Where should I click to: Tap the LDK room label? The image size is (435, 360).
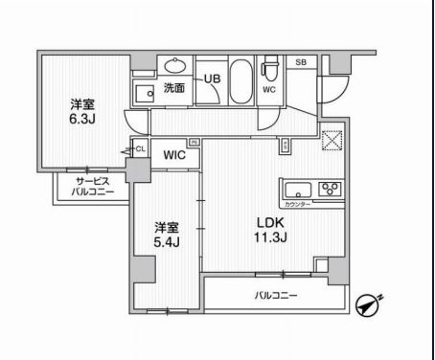(267, 224)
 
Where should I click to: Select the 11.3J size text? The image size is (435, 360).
(268, 238)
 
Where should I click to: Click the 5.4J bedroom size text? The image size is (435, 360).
(168, 243)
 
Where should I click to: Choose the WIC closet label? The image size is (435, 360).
(173, 153)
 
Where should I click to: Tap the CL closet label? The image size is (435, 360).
(140, 148)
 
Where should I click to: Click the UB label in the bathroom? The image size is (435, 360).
(211, 79)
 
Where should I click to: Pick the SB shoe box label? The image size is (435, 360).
(300, 62)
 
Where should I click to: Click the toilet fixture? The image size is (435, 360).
(270, 73)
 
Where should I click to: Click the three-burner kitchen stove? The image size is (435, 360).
(331, 187)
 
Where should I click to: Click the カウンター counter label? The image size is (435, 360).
(297, 204)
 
